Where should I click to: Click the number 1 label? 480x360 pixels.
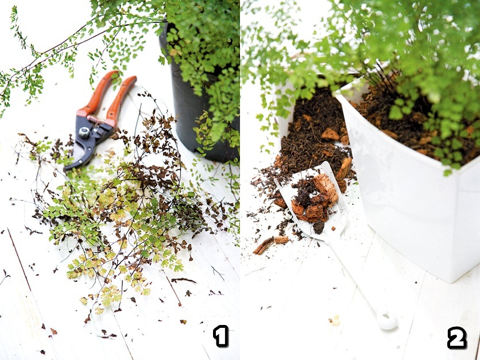click(220, 336)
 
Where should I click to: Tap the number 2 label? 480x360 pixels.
click(457, 338)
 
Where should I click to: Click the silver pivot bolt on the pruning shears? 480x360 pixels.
click(84, 132)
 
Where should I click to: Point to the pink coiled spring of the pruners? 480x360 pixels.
click(96, 119)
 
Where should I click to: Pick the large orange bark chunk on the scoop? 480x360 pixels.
click(325, 188)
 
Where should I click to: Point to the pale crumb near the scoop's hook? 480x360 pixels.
click(335, 320)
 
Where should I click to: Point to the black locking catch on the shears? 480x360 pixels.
click(103, 131)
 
